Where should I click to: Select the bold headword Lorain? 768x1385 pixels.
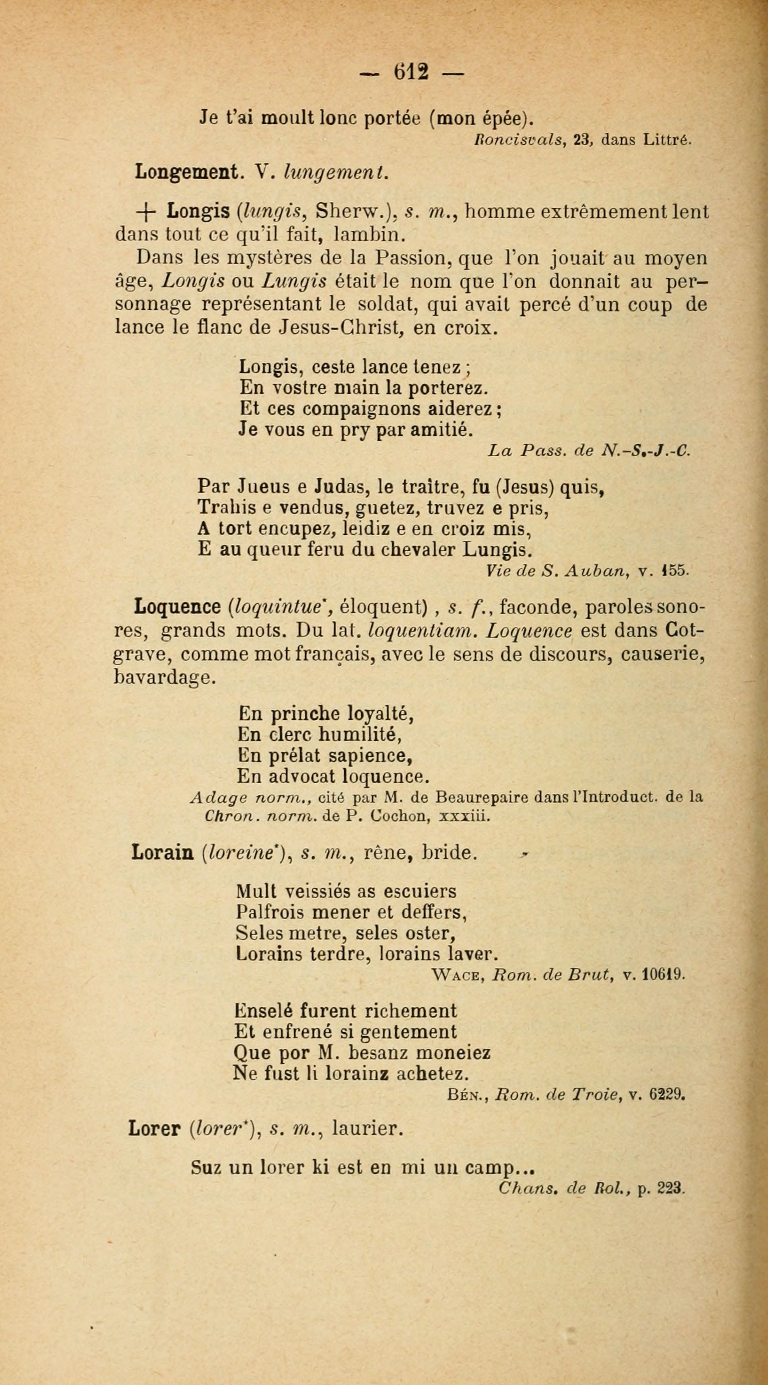click(x=163, y=853)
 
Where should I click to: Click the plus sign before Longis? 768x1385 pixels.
click(x=143, y=213)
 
